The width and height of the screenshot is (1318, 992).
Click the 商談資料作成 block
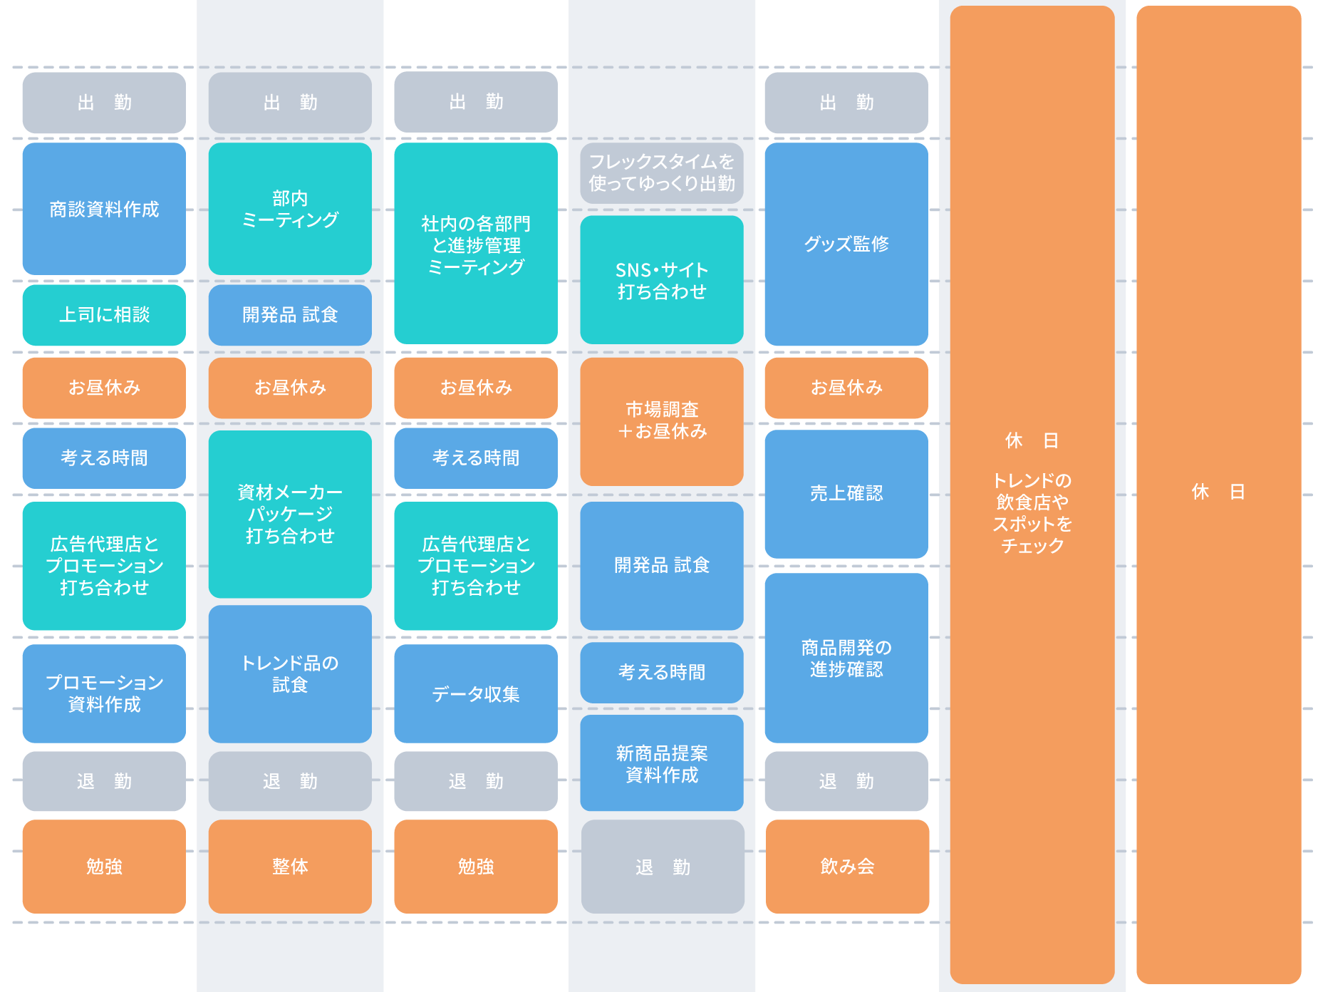tap(104, 209)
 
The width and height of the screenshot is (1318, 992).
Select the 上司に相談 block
tap(104, 315)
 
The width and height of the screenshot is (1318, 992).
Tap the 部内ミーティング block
tap(290, 209)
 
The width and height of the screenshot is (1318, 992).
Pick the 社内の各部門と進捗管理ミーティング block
tap(476, 244)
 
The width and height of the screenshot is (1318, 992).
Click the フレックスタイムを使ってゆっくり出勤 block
tap(662, 173)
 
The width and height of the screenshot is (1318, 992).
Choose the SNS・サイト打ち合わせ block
tap(662, 280)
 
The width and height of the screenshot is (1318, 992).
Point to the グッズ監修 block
tap(846, 244)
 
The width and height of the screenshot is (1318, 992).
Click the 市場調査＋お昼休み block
tap(662, 421)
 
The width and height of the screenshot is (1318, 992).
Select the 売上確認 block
tap(846, 493)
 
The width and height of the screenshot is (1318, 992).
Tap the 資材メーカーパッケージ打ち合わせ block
tap(290, 514)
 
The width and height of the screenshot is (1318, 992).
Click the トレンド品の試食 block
tap(290, 673)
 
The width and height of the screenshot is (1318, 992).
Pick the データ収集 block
tap(476, 693)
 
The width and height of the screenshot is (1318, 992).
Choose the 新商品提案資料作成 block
tap(662, 763)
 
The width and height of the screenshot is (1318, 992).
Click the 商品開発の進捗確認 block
tap(846, 658)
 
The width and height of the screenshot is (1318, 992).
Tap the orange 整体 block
tap(290, 867)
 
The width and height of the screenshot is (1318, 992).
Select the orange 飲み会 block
tap(847, 867)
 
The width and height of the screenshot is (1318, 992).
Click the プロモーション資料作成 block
tap(104, 693)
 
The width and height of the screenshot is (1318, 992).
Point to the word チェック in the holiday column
tap(1032, 547)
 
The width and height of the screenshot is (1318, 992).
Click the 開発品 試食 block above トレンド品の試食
tap(290, 315)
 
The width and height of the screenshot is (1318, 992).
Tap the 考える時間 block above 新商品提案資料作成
tap(662, 672)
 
